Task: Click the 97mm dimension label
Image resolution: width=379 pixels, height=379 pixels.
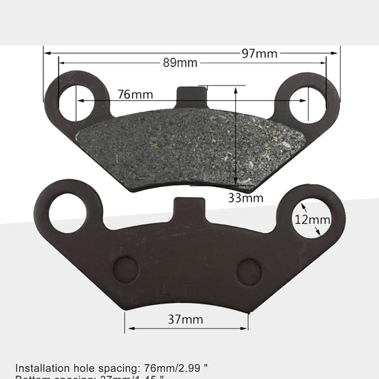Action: tap(259, 53)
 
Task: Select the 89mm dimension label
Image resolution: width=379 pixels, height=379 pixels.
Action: tap(180, 63)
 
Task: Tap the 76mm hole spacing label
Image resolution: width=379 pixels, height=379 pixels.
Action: tap(135, 95)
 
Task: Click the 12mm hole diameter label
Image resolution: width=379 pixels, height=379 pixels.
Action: tap(312, 220)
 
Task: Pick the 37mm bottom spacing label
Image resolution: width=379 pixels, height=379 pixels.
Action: tap(185, 319)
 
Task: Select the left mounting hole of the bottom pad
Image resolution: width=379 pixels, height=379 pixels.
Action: tap(68, 210)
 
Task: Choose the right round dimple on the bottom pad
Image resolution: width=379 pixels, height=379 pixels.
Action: tap(250, 270)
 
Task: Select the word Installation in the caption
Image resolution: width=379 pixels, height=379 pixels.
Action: tap(43, 368)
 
